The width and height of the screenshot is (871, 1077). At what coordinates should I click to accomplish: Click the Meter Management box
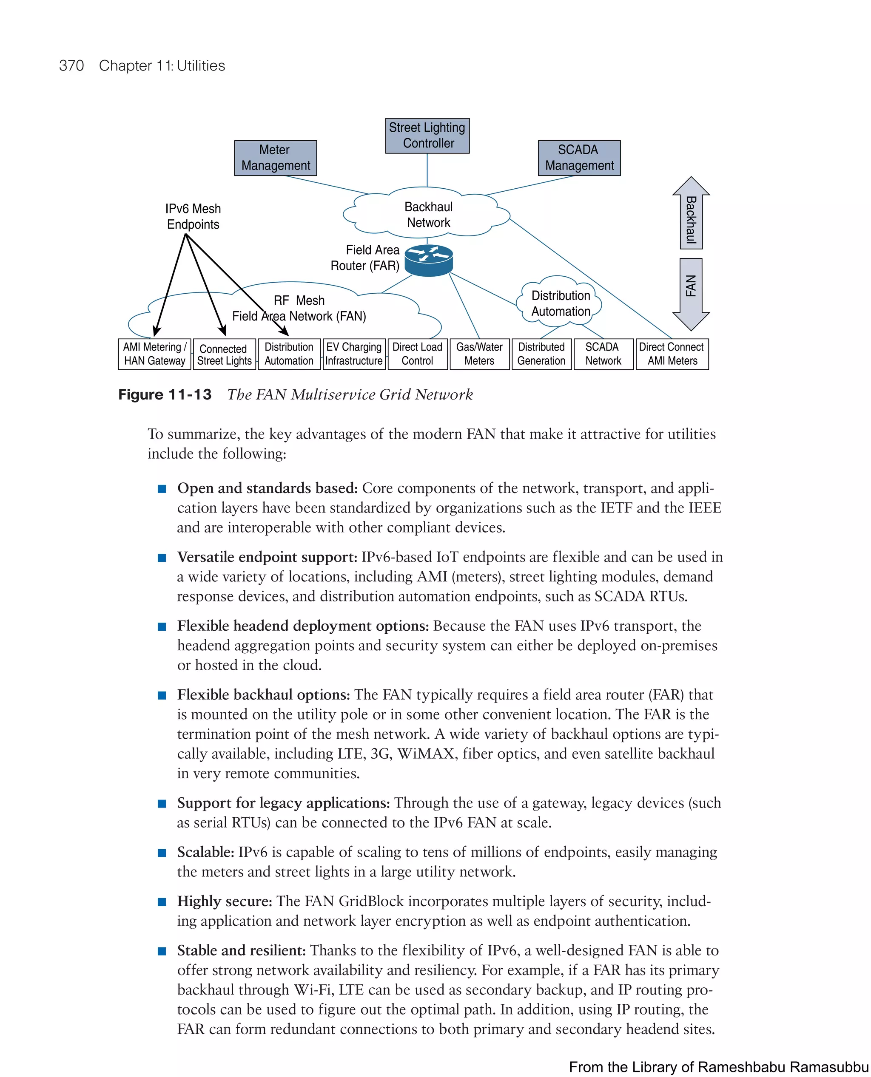[x=276, y=158]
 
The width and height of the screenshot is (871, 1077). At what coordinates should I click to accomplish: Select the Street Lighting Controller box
[x=427, y=136]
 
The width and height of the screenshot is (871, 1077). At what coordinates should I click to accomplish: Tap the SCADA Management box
[x=579, y=158]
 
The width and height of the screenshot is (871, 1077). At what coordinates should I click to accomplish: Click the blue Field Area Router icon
[x=428, y=260]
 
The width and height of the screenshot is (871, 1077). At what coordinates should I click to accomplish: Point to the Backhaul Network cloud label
[x=428, y=215]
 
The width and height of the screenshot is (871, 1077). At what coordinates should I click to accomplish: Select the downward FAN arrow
[x=691, y=293]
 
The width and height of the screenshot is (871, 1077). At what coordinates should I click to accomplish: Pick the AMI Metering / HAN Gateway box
[x=154, y=354]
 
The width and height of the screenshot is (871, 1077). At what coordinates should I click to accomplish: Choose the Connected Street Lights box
[x=224, y=354]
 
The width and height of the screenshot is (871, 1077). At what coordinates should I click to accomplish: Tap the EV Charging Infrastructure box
[x=354, y=354]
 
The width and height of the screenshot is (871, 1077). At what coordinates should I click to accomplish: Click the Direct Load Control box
[x=418, y=354]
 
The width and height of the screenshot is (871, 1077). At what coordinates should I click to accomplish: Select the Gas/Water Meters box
[x=479, y=354]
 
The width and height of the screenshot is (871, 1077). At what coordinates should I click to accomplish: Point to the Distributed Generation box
[x=541, y=354]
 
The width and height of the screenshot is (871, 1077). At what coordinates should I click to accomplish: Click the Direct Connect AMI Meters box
[x=672, y=354]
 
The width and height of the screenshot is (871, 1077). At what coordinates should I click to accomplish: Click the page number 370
[x=71, y=66]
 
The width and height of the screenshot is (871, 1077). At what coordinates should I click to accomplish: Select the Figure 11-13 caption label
[x=165, y=394]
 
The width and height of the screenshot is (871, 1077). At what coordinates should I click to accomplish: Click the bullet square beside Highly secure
[x=162, y=901]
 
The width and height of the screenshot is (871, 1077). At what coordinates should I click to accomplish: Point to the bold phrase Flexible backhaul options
[x=263, y=694]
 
